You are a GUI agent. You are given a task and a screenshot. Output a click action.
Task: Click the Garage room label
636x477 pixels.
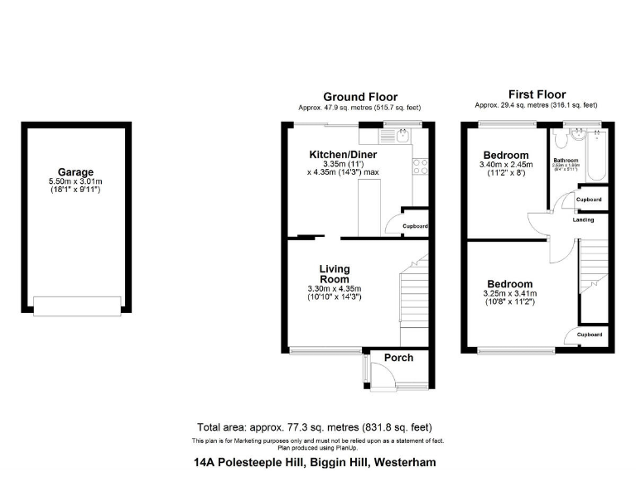[x=75, y=172]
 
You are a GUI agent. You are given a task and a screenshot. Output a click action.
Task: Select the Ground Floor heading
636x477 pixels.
[x=360, y=97]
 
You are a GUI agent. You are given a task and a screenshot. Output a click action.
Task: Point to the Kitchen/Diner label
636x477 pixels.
[x=344, y=155]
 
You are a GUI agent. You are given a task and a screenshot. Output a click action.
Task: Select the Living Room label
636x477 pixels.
[x=335, y=274]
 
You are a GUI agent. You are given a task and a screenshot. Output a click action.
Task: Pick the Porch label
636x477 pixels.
[x=398, y=358]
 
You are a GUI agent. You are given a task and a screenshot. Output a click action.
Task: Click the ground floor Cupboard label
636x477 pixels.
[x=415, y=226]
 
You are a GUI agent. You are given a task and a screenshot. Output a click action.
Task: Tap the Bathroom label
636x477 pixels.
[x=566, y=160]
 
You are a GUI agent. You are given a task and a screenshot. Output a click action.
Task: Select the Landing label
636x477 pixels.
[x=582, y=219]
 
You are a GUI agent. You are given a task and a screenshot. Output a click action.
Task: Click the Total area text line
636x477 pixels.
[x=317, y=426]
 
